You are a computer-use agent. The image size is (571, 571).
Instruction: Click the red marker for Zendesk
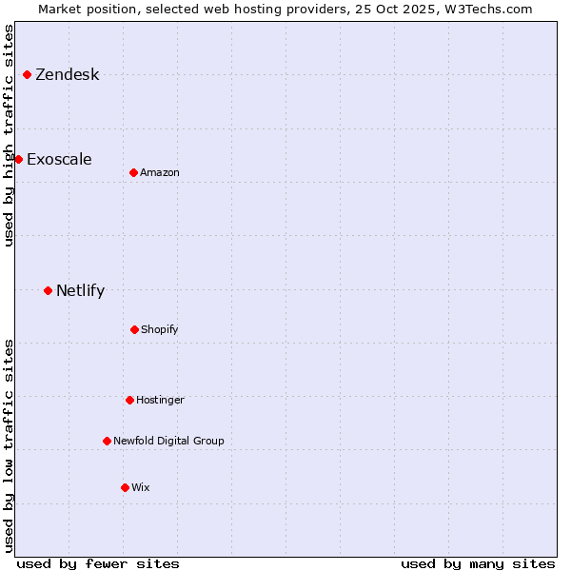click(27, 74)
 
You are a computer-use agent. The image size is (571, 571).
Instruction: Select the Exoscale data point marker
click(18, 159)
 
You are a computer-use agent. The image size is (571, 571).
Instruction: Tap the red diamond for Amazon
click(133, 172)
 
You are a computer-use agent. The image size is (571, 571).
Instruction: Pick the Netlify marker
click(48, 290)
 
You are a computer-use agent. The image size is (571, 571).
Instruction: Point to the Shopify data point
click(134, 329)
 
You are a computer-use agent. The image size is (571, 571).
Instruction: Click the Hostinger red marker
click(129, 400)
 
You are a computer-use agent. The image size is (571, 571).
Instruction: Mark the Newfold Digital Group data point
click(107, 441)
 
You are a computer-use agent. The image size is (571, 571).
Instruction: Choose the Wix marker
click(125, 487)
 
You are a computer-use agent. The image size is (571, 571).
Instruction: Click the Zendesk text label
click(67, 75)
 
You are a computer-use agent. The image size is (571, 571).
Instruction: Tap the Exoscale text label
click(59, 159)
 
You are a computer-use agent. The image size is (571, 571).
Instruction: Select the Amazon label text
click(160, 172)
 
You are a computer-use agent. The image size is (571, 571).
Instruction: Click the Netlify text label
click(80, 290)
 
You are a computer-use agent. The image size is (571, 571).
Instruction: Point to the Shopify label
click(160, 329)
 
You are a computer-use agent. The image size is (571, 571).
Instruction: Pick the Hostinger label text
click(160, 400)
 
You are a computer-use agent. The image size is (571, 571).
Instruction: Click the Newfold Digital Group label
click(168, 441)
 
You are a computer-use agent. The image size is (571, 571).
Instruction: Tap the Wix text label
click(141, 487)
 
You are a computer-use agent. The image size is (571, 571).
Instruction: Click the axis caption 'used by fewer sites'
click(98, 563)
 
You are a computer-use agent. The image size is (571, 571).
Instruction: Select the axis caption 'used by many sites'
click(478, 563)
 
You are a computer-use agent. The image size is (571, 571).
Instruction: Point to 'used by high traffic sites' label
click(9, 135)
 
